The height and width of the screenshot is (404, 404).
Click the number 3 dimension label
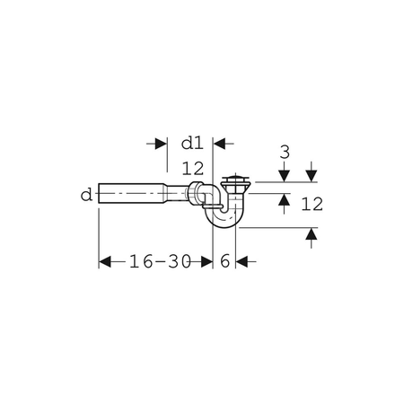pyautogui.click(x=284, y=152)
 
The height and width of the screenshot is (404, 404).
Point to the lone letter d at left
pyautogui.click(x=85, y=194)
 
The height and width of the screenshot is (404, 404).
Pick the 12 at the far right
pyautogui.click(x=312, y=205)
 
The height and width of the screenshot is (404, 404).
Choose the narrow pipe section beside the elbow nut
pyautogui.click(x=172, y=193)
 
